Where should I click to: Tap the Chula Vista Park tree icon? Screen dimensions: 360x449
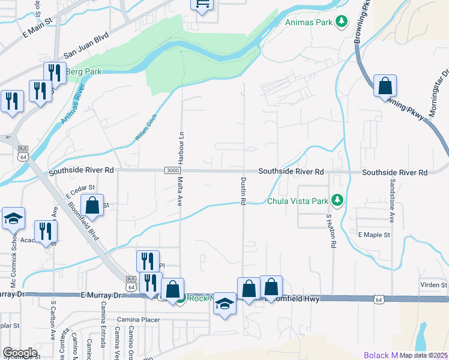(x=338, y=200)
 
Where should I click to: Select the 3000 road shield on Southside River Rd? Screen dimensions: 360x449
(x=172, y=171)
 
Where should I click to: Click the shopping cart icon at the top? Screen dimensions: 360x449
(x=202, y=4)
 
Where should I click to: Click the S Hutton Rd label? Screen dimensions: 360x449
(x=330, y=231)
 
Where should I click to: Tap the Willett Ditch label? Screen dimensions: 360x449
(x=146, y=128)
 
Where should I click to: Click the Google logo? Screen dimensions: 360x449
(x=20, y=353)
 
